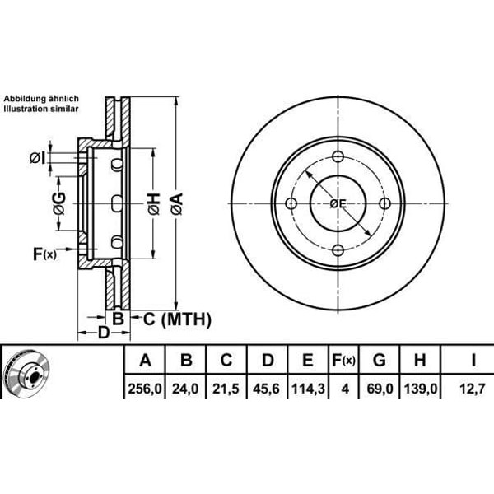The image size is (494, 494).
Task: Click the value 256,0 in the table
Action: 146,384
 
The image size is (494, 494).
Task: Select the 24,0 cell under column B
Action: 187,384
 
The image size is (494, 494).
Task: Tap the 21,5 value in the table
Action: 226,384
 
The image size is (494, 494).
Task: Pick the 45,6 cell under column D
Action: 267,384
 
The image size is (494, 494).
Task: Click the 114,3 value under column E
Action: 308,384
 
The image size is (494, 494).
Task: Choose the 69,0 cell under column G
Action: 380,384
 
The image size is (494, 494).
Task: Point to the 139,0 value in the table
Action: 419,384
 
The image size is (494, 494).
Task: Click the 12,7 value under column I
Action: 473,384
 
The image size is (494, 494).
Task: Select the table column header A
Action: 146,360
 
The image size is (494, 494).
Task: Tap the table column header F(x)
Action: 343,360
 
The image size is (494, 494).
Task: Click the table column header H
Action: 419,360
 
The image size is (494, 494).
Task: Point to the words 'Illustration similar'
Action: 40,108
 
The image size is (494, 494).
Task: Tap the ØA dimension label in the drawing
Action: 176,203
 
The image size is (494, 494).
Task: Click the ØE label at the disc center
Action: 338,204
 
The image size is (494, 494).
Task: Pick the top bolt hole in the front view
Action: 338,156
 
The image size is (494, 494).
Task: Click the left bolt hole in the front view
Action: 291,203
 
